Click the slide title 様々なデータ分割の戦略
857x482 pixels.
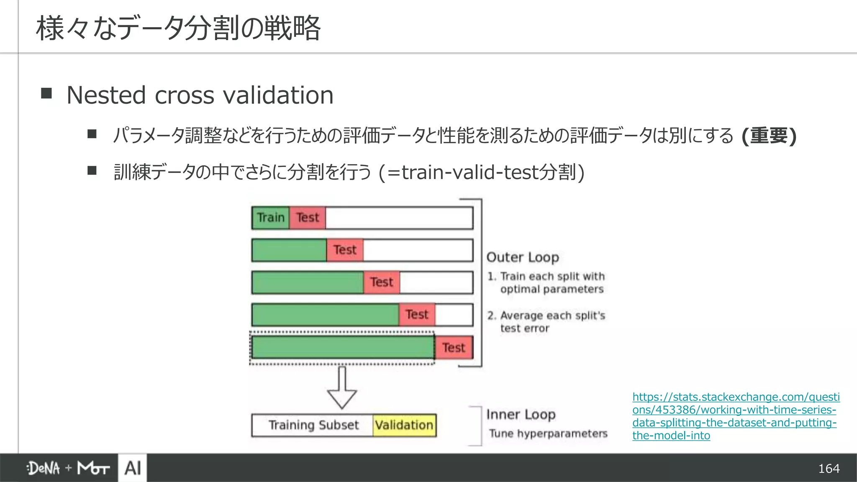coord(178,28)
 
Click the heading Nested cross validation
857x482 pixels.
coord(200,95)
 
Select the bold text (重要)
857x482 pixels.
coord(768,136)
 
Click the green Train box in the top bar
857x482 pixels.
coord(270,218)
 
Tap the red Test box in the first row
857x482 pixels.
coord(308,218)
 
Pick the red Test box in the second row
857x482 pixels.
coord(345,250)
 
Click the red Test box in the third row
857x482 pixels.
coord(382,282)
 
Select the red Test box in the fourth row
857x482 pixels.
coord(417,314)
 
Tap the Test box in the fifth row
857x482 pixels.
coord(454,347)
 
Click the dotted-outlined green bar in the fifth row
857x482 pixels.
coord(342,347)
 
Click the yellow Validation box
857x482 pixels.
coord(404,425)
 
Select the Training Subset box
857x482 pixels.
coord(313,425)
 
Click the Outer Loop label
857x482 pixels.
coord(523,257)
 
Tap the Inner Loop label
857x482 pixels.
coord(521,414)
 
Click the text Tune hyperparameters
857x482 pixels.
coord(548,433)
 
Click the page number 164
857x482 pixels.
coord(829,468)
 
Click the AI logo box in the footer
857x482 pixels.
coord(133,468)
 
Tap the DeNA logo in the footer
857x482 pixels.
coord(44,468)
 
